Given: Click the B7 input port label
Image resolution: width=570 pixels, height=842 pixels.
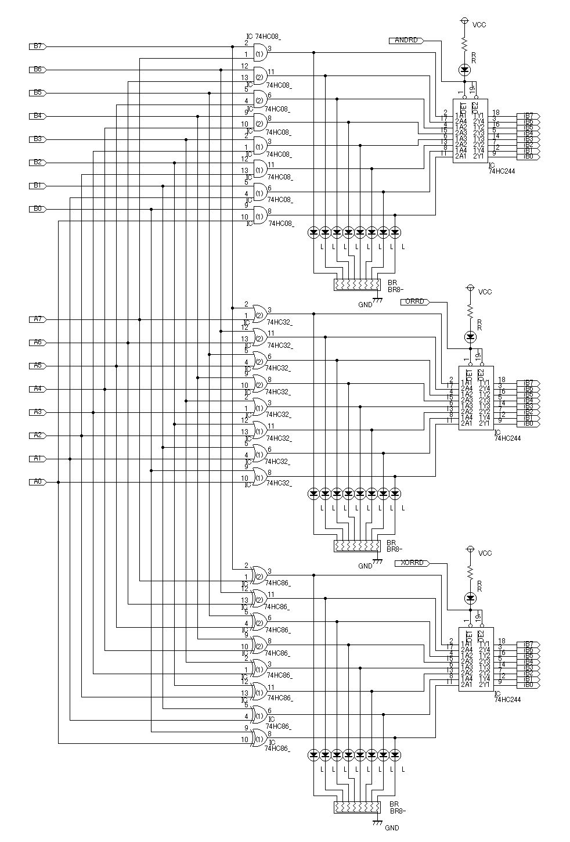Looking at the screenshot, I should (x=38, y=46).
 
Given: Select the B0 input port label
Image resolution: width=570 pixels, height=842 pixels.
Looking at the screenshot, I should (x=38, y=209).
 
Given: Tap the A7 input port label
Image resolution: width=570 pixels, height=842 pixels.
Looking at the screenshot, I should (x=38, y=319).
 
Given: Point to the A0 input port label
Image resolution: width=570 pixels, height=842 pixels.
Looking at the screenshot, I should (x=38, y=482).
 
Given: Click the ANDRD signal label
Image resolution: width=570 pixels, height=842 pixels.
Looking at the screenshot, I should (x=406, y=41).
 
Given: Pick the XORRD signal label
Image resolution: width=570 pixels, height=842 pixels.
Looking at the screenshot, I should (x=412, y=563).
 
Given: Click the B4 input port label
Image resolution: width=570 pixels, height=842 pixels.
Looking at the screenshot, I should (x=38, y=116).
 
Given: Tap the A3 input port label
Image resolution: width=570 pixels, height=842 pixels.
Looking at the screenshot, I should (x=38, y=412).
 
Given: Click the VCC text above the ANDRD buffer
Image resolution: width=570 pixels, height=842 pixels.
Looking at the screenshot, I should (x=479, y=25).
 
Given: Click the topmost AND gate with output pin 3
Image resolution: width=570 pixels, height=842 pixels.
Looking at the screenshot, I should (x=259, y=53).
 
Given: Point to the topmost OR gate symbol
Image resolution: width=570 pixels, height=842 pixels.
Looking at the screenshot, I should (x=259, y=314).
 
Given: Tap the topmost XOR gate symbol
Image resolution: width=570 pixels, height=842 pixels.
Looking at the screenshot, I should (x=259, y=575).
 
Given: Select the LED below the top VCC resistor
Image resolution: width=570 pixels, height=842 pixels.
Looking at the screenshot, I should (x=464, y=70).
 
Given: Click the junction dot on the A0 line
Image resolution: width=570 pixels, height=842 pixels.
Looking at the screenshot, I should (x=58, y=482).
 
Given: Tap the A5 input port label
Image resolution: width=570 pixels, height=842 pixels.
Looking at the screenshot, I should (x=38, y=366).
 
